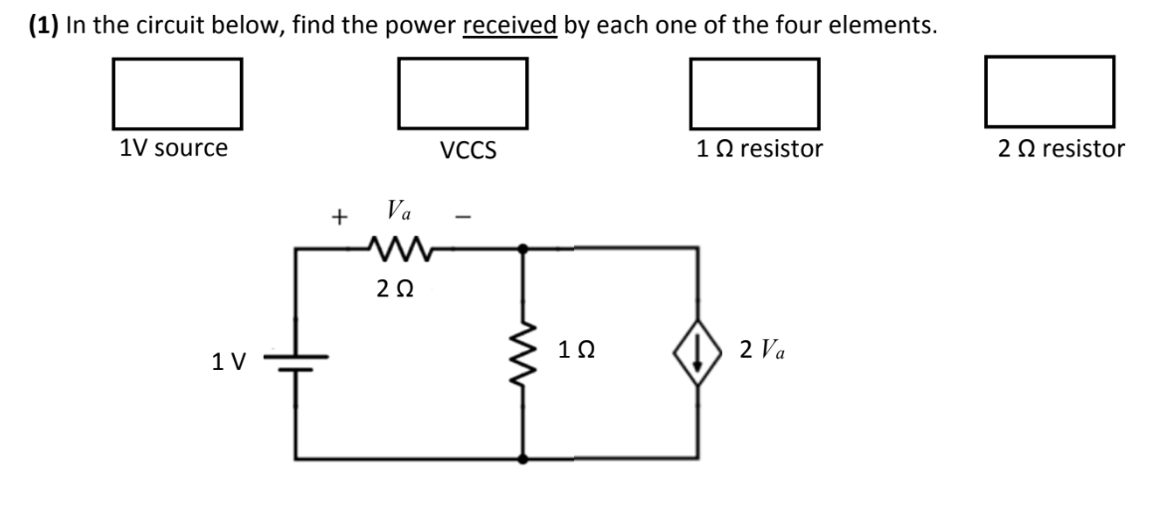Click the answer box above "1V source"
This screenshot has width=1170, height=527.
tap(178, 88)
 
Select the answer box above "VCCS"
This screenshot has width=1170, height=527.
tap(463, 88)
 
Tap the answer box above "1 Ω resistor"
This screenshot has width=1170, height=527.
tap(754, 88)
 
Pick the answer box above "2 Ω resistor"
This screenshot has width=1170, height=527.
tap(1049, 88)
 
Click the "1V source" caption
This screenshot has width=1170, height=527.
tap(173, 149)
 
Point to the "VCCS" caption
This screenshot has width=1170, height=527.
tap(468, 151)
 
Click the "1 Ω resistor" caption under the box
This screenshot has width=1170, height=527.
tap(760, 149)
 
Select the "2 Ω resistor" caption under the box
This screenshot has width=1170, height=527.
tap(1061, 149)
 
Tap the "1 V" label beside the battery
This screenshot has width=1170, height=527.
tap(229, 363)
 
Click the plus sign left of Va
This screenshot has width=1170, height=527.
tap(341, 216)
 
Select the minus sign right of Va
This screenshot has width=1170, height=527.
tap(460, 216)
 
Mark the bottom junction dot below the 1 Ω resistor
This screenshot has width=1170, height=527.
tap(524, 458)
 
